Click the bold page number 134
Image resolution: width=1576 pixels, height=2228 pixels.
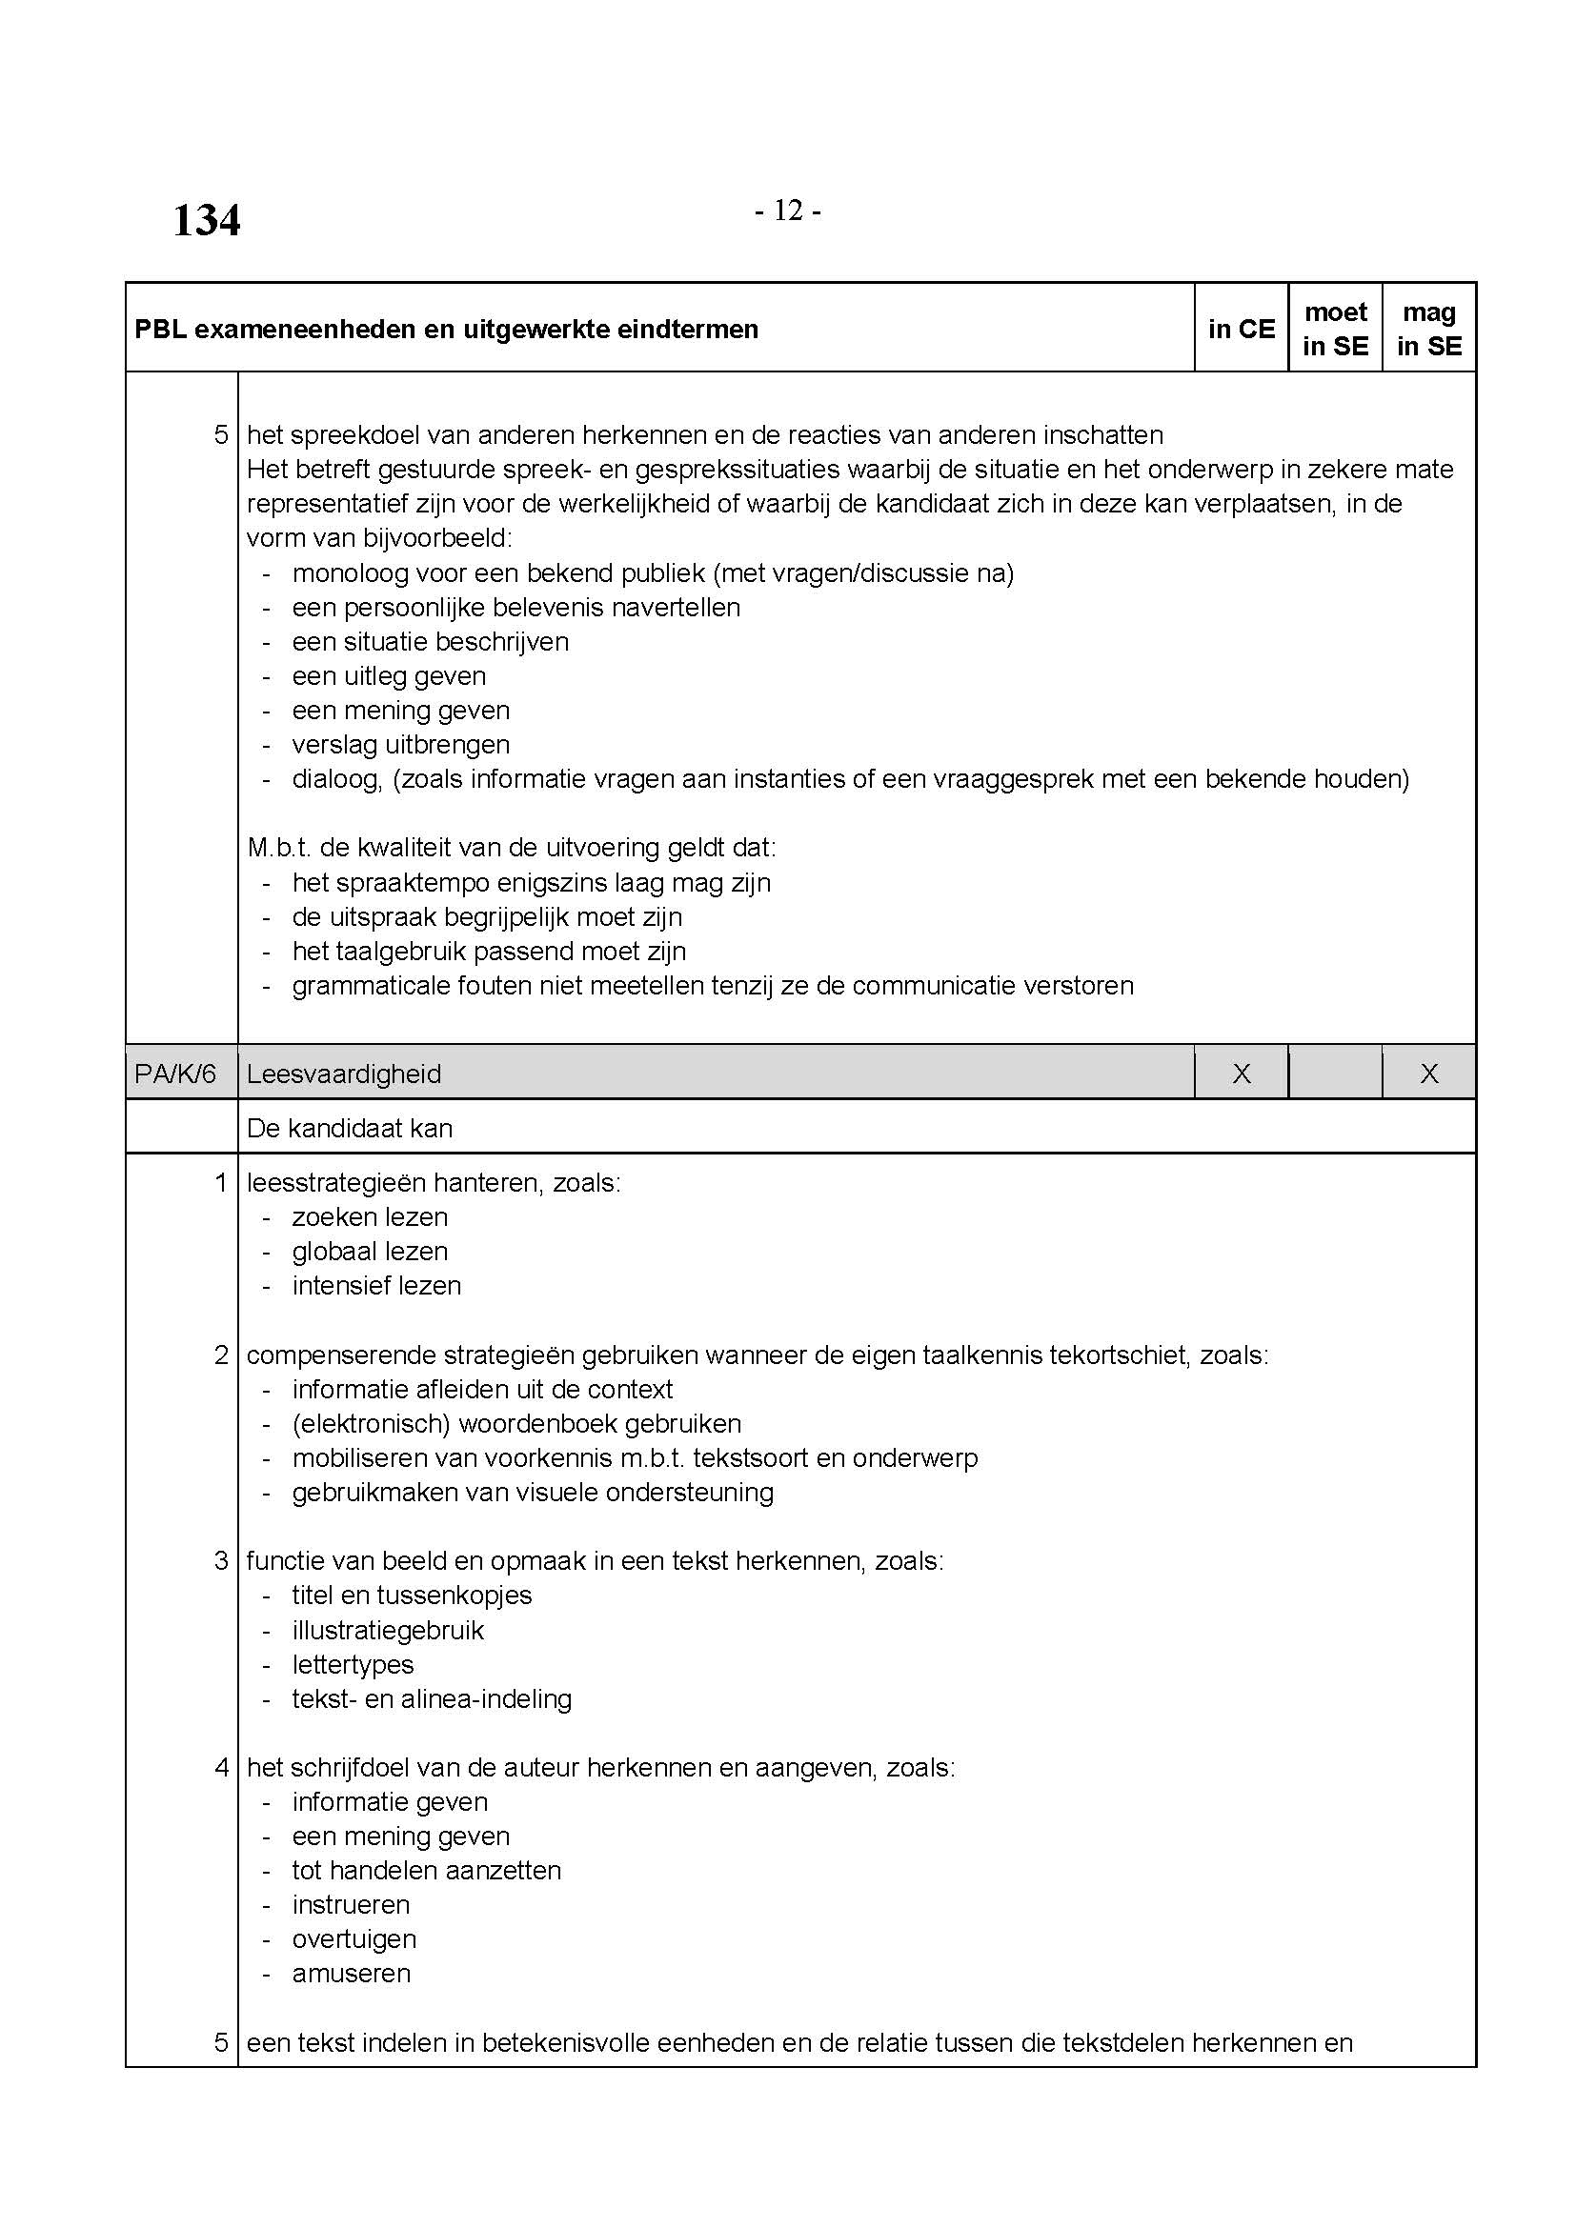click(206, 220)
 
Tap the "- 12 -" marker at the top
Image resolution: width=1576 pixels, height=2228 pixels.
click(787, 211)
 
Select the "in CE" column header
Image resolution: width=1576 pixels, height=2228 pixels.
click(1242, 329)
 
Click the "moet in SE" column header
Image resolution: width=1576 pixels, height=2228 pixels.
click(1335, 329)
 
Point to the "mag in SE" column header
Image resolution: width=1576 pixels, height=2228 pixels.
click(1428, 329)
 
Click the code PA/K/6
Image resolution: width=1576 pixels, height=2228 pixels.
click(175, 1074)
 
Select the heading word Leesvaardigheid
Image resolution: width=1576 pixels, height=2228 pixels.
click(344, 1074)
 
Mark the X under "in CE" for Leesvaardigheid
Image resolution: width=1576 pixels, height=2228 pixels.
click(1242, 1074)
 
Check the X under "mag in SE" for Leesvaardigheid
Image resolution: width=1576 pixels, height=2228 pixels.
click(1428, 1074)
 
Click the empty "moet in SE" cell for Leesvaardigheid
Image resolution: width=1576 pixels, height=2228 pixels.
click(1335, 1074)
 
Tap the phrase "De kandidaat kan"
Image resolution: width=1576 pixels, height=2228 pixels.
click(350, 1128)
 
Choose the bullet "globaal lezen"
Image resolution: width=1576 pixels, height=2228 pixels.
click(370, 1251)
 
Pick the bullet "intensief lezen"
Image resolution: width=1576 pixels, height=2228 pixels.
click(376, 1286)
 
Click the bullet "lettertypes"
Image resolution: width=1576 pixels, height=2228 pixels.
click(354, 1664)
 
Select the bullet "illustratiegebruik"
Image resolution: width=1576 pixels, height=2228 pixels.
click(388, 1630)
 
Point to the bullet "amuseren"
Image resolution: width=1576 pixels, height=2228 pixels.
click(352, 1973)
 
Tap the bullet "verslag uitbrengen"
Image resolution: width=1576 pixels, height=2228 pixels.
click(401, 744)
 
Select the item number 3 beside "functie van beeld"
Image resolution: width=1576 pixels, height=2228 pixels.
click(221, 1560)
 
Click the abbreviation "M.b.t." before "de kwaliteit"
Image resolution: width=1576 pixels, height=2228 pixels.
click(277, 847)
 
